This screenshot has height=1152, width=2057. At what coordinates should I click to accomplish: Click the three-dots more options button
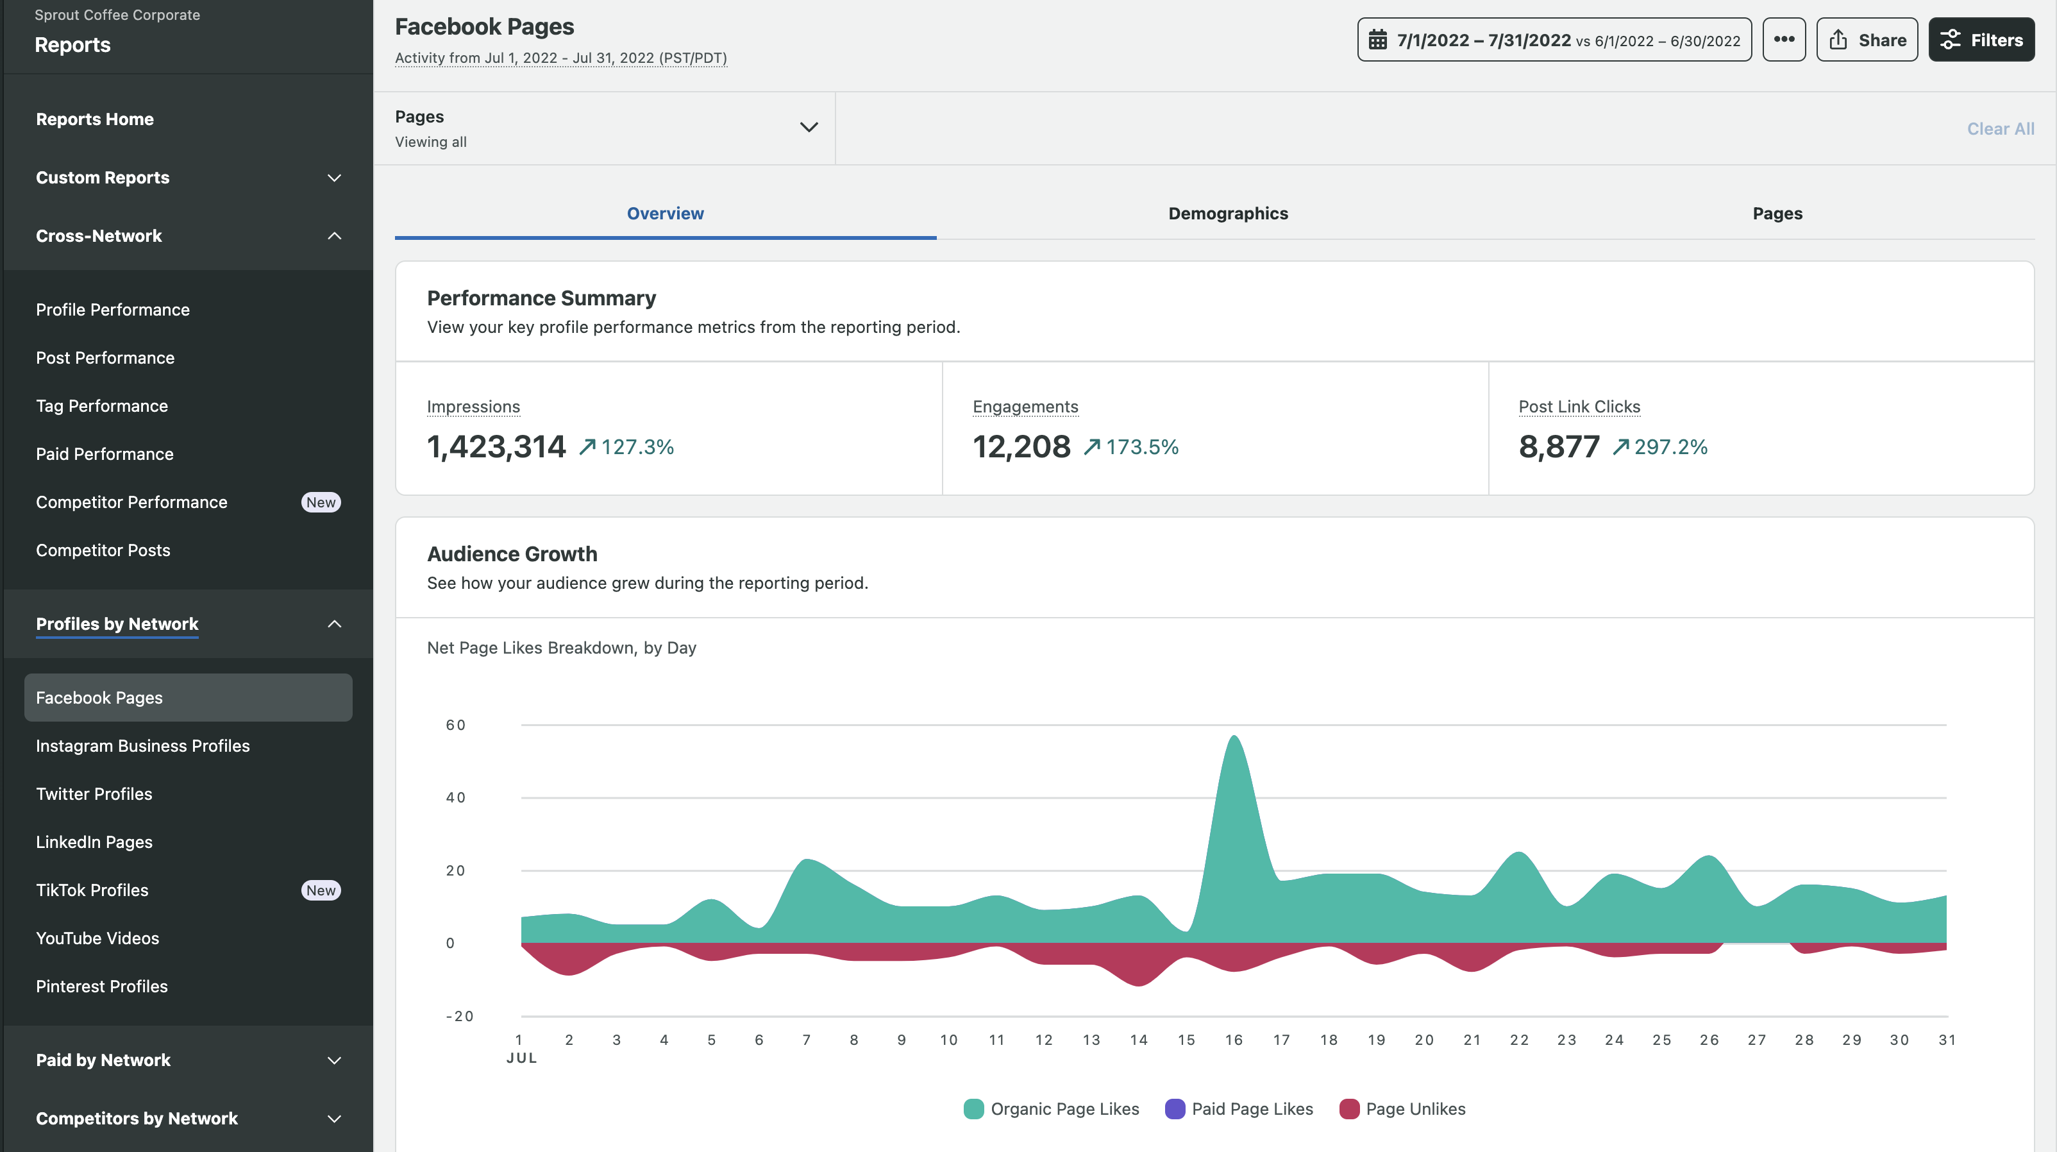1783,40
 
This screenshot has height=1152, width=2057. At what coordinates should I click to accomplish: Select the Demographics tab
1227,214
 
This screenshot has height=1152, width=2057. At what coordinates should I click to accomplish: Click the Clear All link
1999,129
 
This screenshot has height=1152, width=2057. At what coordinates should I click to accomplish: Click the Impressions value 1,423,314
496,446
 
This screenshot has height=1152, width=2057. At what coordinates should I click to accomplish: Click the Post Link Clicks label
1579,407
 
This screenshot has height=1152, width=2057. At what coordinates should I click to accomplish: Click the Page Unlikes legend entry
1415,1109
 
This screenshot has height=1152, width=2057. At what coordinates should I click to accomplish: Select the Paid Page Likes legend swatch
1175,1109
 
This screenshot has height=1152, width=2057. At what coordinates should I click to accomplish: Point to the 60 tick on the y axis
455,725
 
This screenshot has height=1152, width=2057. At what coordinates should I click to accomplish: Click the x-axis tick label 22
1519,1039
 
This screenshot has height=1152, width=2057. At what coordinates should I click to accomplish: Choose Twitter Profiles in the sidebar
94,794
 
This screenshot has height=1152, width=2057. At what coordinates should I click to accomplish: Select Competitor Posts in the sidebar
103,550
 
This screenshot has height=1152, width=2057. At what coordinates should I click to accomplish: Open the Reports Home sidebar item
95,119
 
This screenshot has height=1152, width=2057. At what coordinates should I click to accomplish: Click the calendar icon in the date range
1377,40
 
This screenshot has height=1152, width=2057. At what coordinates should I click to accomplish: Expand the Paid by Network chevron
335,1060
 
